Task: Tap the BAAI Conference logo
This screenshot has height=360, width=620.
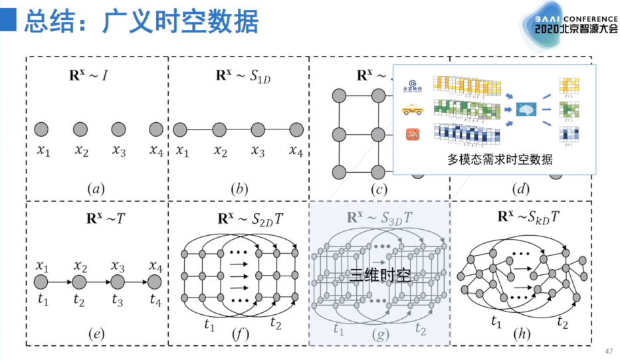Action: point(572,25)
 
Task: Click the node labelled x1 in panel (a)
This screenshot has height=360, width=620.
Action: point(42,129)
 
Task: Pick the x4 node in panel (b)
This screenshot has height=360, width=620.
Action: point(296,129)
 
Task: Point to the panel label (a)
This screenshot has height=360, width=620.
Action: point(96,189)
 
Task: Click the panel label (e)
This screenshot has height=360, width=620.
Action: point(96,334)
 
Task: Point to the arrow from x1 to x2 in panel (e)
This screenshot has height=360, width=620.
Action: point(60,282)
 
